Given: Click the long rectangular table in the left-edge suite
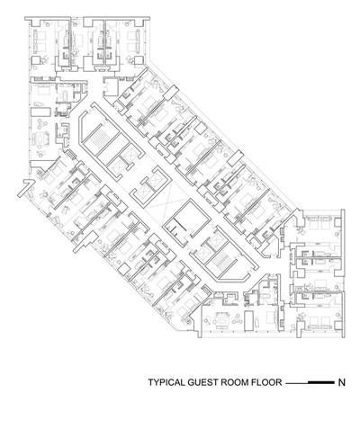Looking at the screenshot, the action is pos(40,112).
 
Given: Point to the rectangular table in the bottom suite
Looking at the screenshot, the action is pos(249,321).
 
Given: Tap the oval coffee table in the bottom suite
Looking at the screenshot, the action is pos(221,321).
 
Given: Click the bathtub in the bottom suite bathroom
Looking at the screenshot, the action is pos(265,296).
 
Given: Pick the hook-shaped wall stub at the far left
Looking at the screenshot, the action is pos(25,188).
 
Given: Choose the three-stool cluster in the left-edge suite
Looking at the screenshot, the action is pos(42,123).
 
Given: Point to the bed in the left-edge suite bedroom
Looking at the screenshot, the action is pos(42,89).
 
